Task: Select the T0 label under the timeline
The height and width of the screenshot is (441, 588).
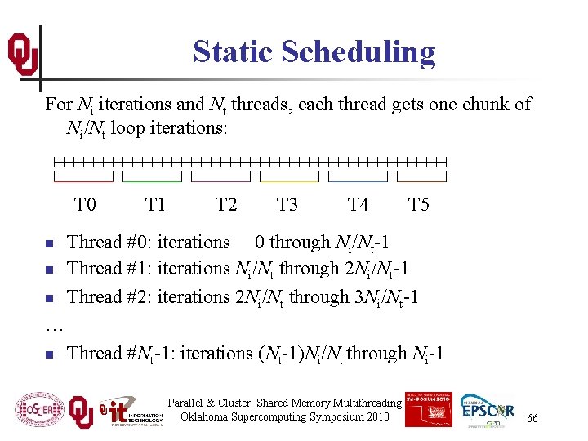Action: click(85, 204)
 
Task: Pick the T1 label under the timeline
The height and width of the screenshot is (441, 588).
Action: click(154, 204)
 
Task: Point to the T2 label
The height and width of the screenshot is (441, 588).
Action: click(226, 204)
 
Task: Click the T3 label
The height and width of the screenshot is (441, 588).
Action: click(287, 204)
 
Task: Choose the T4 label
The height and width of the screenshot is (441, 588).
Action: click(358, 204)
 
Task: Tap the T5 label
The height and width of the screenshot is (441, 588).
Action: click(418, 204)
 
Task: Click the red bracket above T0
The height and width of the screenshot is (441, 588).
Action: click(83, 178)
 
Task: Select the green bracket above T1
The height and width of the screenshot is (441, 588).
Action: click(152, 178)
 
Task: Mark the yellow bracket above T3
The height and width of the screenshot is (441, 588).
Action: click(289, 178)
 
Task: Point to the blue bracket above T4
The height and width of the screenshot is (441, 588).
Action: click(358, 178)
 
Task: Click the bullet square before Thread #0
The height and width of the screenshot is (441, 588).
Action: click(50, 243)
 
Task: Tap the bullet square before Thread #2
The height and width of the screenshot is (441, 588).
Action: click(50, 298)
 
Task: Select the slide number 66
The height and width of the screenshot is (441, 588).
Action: click(532, 418)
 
